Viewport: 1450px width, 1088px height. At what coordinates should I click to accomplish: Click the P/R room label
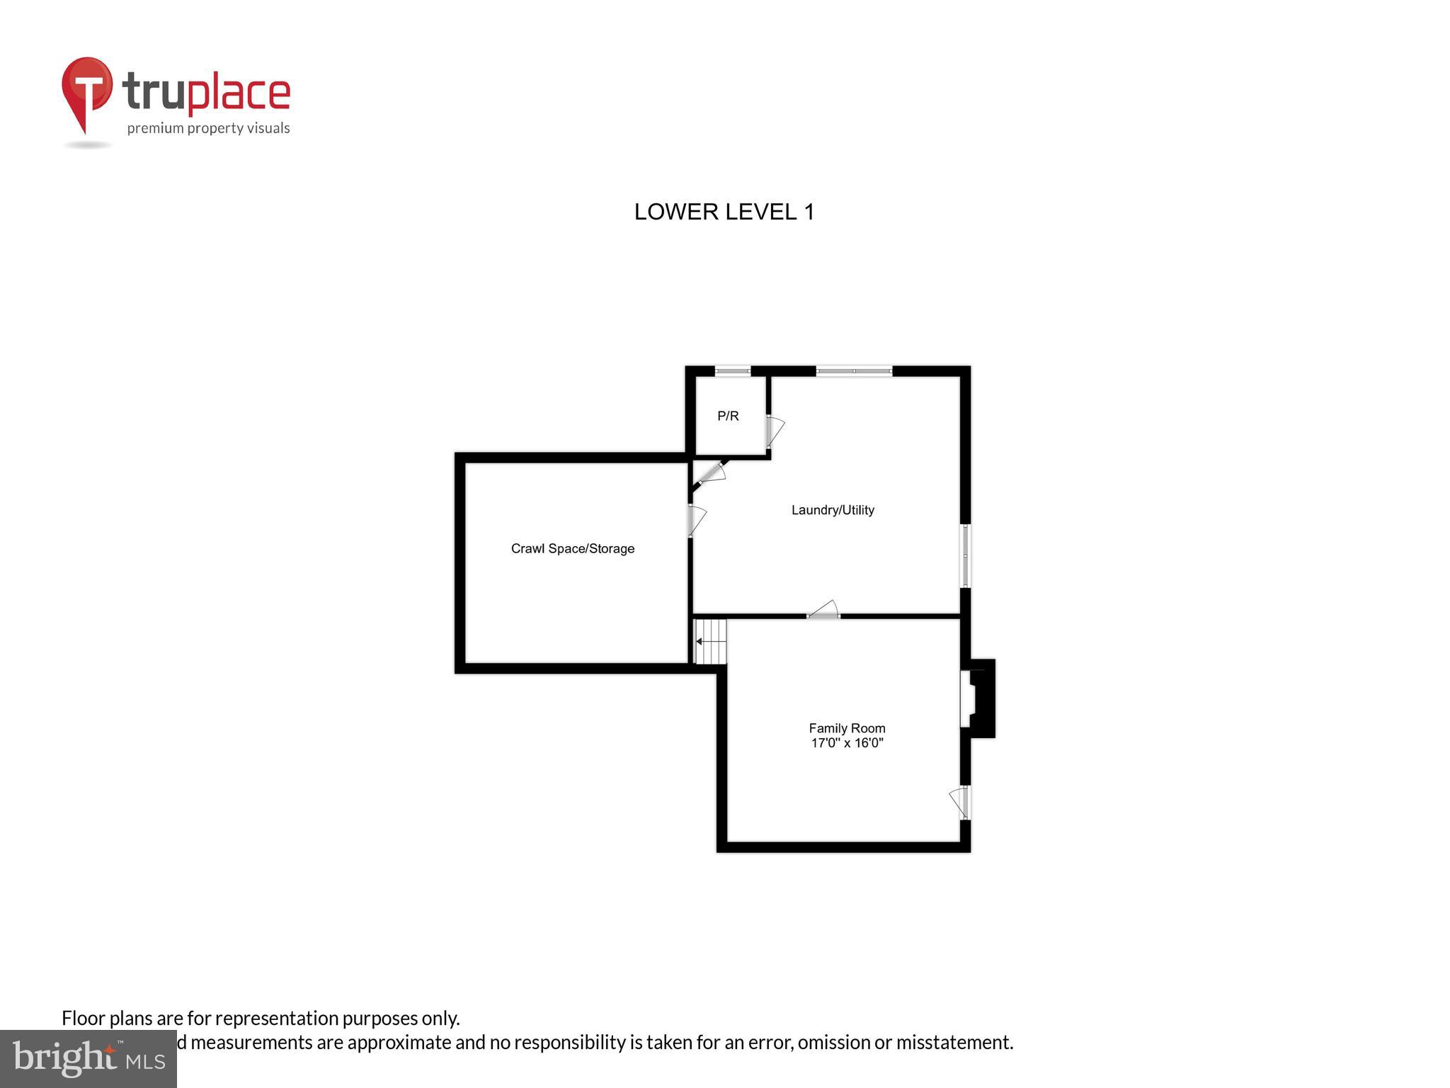pos(728,416)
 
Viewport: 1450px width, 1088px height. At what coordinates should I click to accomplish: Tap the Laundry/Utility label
pos(833,510)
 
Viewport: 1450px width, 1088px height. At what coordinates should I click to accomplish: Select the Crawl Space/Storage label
pos(573,549)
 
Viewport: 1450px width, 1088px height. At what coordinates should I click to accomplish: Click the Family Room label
pos(847,728)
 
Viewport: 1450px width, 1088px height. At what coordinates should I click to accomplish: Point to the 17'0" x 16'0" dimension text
pos(847,743)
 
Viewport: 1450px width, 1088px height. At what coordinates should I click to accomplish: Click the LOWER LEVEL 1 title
pos(724,212)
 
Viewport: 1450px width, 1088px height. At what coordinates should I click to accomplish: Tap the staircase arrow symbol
pos(710,642)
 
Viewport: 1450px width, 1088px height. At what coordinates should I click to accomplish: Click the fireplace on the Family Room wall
pos(977,698)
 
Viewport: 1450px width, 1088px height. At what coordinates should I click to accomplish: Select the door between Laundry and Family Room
pos(823,611)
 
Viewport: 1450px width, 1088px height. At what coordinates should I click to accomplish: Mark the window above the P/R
pos(732,370)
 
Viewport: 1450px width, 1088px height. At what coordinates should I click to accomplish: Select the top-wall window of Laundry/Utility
pos(854,370)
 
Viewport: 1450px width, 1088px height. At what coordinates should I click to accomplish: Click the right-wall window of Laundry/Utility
pos(965,555)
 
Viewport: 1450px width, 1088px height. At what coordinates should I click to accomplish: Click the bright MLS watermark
pos(89,1058)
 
